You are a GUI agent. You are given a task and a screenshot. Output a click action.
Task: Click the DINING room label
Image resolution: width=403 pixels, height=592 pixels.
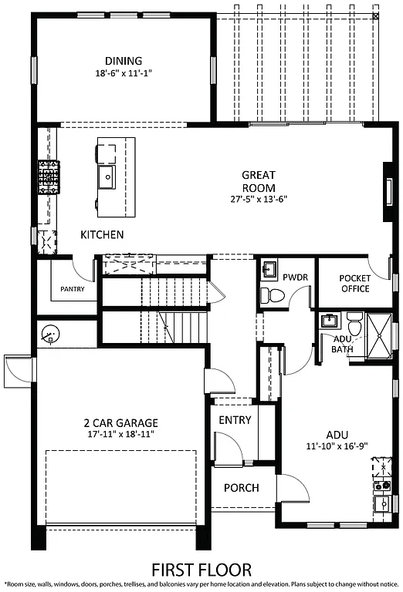click(124, 61)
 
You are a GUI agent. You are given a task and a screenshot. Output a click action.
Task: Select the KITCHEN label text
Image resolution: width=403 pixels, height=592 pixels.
click(102, 234)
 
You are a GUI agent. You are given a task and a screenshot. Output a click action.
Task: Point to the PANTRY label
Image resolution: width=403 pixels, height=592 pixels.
click(71, 290)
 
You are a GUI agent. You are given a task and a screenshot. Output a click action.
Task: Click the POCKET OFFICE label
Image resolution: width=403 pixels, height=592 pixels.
click(354, 284)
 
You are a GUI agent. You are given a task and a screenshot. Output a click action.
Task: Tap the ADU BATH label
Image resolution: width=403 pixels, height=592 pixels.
click(343, 344)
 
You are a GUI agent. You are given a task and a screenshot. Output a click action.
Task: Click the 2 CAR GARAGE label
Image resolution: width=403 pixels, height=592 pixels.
click(120, 422)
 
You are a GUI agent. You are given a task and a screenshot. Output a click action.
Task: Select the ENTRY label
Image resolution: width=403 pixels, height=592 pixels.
click(235, 420)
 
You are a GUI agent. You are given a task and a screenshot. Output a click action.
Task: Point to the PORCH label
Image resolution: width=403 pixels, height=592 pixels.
click(241, 488)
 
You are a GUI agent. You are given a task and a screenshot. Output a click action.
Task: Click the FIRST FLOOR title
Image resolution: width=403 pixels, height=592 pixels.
click(201, 570)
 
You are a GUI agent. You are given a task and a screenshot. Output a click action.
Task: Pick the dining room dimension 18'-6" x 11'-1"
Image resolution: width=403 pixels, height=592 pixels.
click(124, 75)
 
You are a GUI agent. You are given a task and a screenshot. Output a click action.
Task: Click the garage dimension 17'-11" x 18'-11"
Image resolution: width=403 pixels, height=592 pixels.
click(120, 434)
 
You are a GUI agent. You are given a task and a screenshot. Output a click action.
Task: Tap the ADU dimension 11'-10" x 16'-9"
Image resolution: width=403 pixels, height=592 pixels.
click(337, 446)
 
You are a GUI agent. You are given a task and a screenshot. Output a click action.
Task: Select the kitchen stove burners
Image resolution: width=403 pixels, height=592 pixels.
click(48, 178)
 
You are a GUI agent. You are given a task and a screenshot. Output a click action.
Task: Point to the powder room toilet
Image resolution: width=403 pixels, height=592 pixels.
click(270, 295)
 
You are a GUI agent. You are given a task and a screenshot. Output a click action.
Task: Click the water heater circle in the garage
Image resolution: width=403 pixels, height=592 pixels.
click(51, 335)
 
